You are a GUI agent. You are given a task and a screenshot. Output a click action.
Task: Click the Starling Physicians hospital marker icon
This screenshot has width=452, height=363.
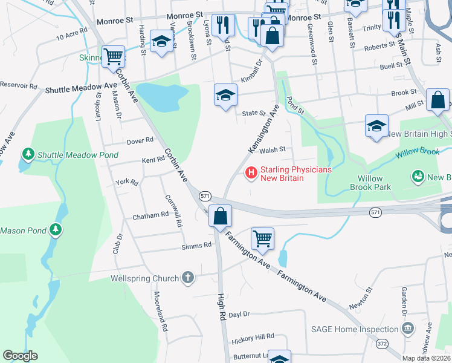point(250,174)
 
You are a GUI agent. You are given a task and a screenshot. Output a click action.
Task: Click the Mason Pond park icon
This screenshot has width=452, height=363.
point(56,230)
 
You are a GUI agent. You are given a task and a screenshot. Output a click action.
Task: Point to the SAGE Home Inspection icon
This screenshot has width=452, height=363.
point(408,329)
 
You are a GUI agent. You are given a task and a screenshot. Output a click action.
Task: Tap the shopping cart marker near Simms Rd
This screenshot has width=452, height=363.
point(262,238)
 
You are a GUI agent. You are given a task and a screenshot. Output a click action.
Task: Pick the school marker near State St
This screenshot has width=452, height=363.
point(225,95)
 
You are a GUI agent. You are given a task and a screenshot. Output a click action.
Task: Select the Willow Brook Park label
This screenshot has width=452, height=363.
point(370,183)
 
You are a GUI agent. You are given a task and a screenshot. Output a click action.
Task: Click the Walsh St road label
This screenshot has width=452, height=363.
point(273,149)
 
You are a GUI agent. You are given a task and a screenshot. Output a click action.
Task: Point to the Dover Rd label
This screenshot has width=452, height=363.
point(140,141)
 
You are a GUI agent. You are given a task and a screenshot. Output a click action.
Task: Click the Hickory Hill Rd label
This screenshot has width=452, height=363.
point(253,336)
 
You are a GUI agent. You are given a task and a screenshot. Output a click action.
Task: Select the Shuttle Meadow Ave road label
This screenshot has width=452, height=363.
point(81,89)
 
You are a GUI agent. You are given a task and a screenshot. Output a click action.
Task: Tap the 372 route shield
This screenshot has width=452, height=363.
point(381,343)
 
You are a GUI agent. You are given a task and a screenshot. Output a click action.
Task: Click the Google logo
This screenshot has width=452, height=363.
point(20,356)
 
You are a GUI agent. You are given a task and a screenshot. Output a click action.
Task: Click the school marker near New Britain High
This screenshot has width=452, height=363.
point(376,126)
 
